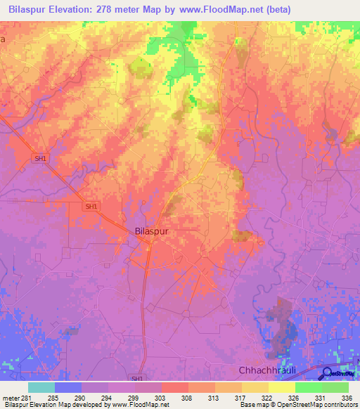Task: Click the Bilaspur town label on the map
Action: click(152, 231)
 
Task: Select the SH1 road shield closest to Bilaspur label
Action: click(90, 207)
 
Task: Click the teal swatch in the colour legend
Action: click(41, 387)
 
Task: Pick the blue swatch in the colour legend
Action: click(68, 387)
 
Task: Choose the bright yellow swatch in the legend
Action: click(281, 387)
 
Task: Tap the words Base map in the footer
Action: click(251, 404)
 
